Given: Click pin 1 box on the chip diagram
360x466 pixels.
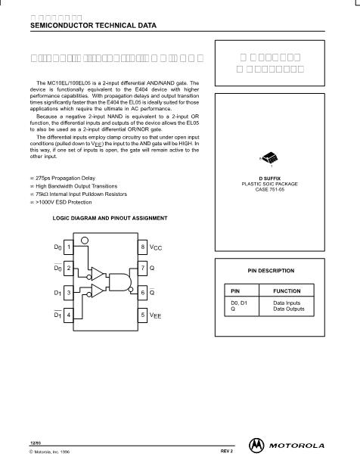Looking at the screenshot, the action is click(69, 247).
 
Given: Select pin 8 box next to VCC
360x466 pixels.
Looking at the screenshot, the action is click(143, 247).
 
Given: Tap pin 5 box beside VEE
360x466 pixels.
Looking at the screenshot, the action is click(143, 314).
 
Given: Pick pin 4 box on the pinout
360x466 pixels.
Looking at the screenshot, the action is click(69, 314).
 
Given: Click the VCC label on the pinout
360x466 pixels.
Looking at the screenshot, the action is click(156, 247).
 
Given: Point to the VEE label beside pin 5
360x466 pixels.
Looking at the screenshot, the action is click(156, 315).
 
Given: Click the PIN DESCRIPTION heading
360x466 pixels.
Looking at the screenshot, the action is click(271, 270).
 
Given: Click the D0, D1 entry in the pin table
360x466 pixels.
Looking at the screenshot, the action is click(239, 303).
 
